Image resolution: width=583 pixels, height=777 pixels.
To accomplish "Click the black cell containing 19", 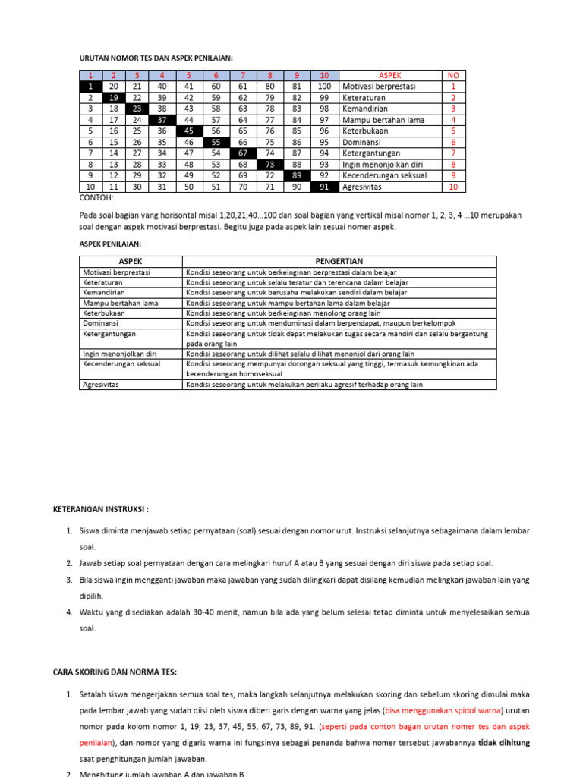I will point(114,98).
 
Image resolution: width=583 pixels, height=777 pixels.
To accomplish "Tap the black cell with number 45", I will point(189,131).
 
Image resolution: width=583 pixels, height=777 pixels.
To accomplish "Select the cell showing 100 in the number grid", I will point(324,87).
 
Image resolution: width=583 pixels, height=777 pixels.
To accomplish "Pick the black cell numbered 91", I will point(324,187).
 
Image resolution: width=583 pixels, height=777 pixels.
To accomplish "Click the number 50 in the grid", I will point(189,187).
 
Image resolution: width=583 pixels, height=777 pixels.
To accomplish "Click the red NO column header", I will point(454,76).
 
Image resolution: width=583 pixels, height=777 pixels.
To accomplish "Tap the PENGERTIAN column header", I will point(339,261).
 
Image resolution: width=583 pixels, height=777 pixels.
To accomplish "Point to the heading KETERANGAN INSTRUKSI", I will point(102,508).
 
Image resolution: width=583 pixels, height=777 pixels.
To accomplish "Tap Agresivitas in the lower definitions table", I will point(104,385).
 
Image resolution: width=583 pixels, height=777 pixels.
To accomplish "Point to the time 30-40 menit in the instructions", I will point(215,612).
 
